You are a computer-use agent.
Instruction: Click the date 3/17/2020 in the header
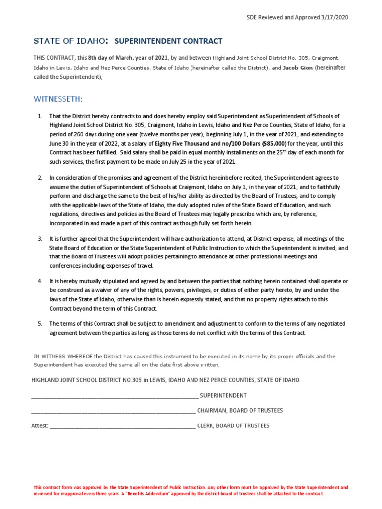(x=335, y=17)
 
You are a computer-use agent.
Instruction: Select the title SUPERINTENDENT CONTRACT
(x=168, y=41)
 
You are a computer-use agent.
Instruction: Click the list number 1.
(x=40, y=116)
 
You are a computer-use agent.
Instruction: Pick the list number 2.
(x=40, y=177)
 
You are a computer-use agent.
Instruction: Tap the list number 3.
(x=40, y=239)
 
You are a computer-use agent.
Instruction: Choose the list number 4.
(x=40, y=282)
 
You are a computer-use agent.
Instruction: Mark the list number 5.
(x=40, y=324)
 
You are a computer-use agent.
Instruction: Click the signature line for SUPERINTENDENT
(x=114, y=396)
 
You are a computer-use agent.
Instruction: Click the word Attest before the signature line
(x=40, y=426)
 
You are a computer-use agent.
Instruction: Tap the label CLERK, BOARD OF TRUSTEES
(x=233, y=426)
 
